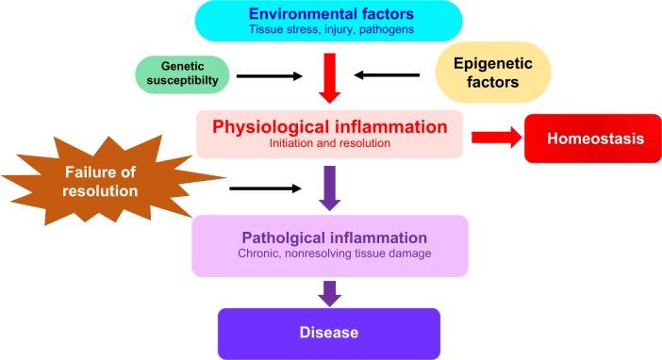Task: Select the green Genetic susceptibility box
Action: pos(182,76)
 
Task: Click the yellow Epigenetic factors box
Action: pos(493,74)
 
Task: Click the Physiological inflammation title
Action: pos(329,125)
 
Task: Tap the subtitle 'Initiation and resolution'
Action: pos(329,143)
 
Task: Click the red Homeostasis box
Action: pos(592,139)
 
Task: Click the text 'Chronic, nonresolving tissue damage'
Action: pos(329,254)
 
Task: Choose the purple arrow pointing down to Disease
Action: pos(329,292)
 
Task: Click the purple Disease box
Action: pos(329,333)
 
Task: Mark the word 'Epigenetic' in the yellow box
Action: pos(493,63)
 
